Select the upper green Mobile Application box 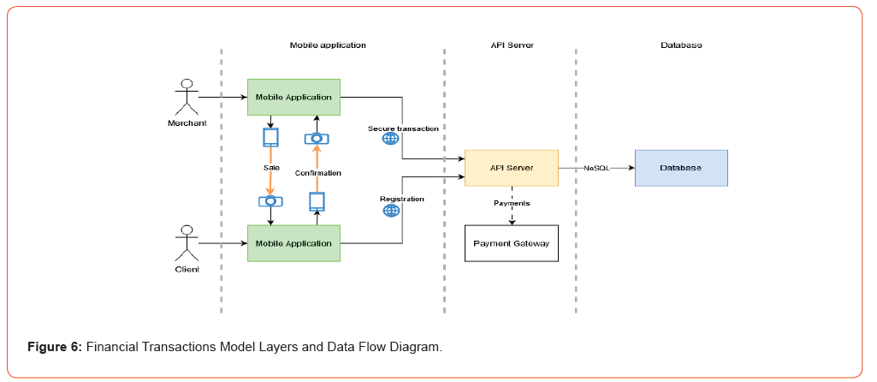coord(293,97)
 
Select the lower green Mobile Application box coord(293,243)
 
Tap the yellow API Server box coord(511,168)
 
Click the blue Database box coord(680,168)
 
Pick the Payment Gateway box coord(511,243)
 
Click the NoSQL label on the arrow coord(596,169)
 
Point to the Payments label coord(512,203)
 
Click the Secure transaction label coord(403,128)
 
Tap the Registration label coord(402,199)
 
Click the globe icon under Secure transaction coord(390,139)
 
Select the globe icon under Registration coord(391,210)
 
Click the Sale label coord(271,168)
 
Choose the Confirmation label coord(318,173)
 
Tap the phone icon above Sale coord(271,137)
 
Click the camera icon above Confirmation coord(317,138)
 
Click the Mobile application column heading coord(328,45)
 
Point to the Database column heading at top coord(681,45)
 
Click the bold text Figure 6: coord(56,347)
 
